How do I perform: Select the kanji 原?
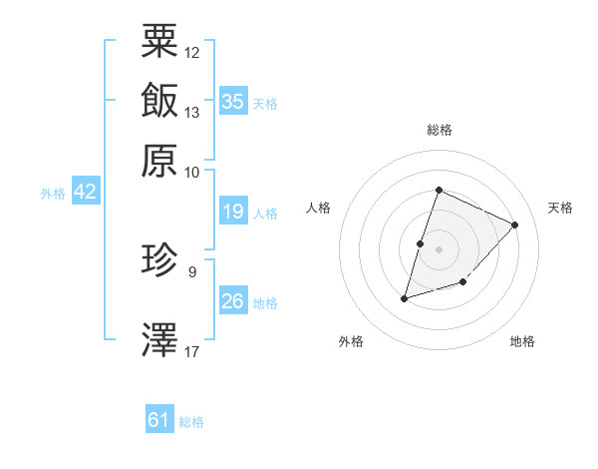coord(159,159)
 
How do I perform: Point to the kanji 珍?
coord(159,261)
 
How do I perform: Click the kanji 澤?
coord(159,339)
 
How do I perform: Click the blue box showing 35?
coord(233,102)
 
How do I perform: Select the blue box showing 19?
coord(233,211)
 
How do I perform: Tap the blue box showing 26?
coord(233,301)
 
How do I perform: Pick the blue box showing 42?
coord(85,192)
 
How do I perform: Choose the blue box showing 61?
coord(159,420)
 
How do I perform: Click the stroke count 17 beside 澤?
coord(192,351)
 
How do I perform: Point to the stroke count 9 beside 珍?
coord(191,270)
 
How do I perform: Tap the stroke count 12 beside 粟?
coord(192,52)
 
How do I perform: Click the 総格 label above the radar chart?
coord(439,130)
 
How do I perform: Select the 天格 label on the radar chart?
coord(560,208)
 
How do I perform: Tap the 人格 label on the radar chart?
coord(319,208)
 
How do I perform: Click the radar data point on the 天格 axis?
coord(515,225)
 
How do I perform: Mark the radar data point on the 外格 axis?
coord(405,297)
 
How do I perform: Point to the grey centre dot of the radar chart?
coord(439,248)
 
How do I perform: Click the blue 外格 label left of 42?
coord(53,194)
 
